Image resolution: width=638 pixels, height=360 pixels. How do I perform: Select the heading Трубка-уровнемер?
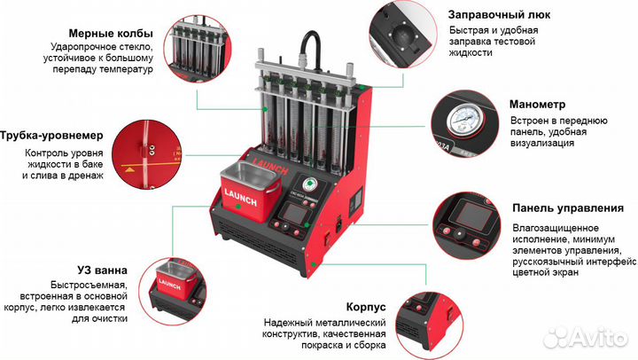[x=52, y=136]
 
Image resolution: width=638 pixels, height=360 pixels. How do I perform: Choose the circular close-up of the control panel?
[x=464, y=224]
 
